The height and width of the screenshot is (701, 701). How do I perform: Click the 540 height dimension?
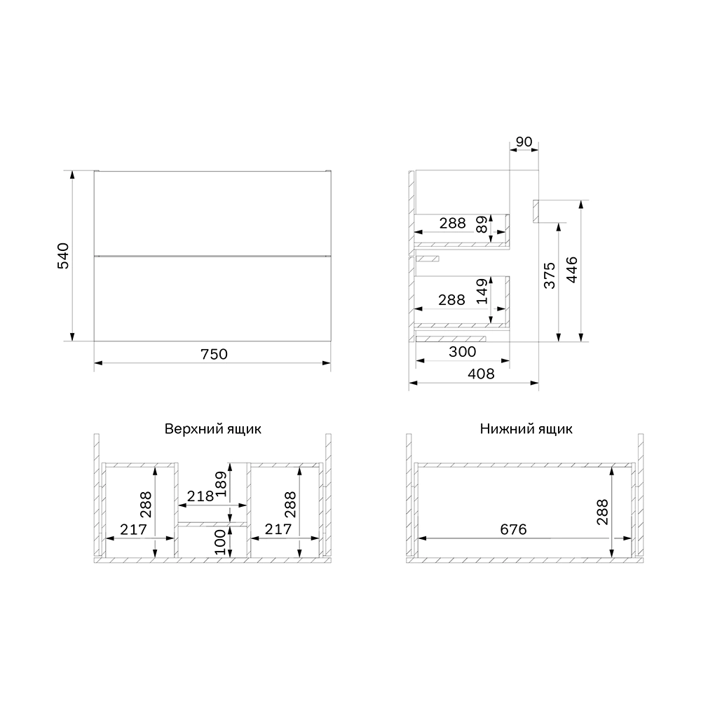(x=64, y=255)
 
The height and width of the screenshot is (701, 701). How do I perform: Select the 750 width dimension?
(x=214, y=354)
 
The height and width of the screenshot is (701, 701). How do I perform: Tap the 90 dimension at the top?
(x=524, y=142)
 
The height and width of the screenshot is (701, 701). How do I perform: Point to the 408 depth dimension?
(x=481, y=374)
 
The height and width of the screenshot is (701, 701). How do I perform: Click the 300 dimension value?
(x=462, y=352)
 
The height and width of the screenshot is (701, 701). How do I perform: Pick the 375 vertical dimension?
(x=550, y=275)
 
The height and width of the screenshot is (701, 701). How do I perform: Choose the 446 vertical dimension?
(x=572, y=270)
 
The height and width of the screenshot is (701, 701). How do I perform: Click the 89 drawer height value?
(x=482, y=224)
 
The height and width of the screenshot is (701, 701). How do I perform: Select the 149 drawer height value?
(x=482, y=291)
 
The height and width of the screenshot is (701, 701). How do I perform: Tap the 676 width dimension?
(x=513, y=529)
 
